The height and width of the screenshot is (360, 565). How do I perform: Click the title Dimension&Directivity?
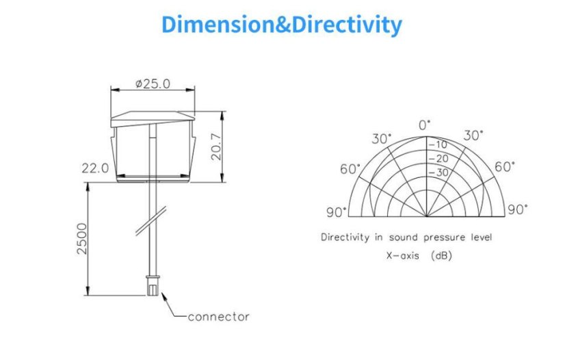282,25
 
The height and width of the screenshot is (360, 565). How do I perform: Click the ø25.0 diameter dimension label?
153,83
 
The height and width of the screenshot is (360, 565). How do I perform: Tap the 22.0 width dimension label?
95,168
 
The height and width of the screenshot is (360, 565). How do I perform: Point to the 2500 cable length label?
81,239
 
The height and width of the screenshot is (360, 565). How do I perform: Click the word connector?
218,317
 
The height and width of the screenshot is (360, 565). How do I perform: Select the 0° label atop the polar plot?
425,125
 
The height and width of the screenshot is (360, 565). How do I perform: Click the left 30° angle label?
382,139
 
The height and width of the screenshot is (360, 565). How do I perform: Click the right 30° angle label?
473,136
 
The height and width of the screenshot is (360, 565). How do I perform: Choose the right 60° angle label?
505,166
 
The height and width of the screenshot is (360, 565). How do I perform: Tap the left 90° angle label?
336,212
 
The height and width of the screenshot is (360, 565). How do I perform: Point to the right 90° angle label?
518,209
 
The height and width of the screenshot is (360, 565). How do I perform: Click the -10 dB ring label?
438,145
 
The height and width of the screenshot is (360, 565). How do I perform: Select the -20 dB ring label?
438,159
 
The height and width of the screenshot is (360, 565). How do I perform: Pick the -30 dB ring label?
438,172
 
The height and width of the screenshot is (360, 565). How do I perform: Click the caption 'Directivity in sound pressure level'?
406,237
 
